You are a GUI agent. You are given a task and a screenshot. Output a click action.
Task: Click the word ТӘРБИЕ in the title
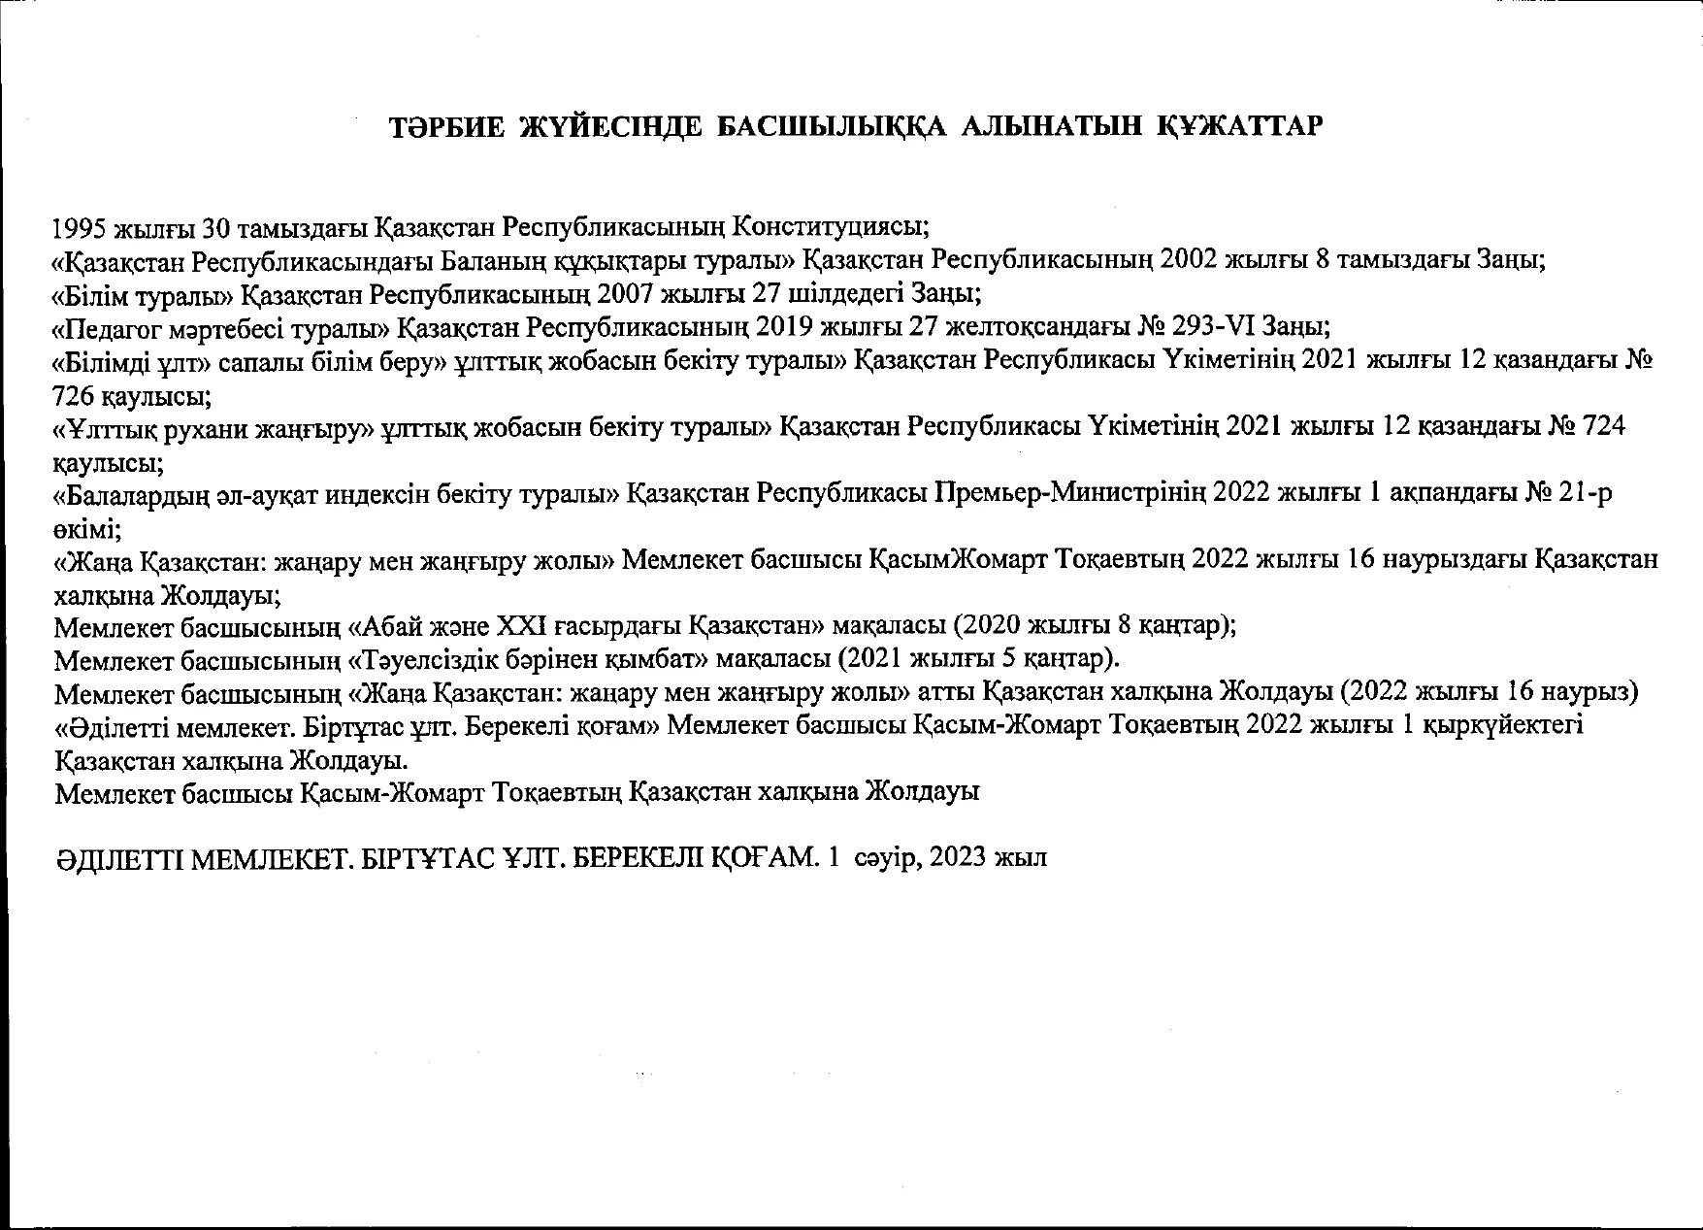pos(446,127)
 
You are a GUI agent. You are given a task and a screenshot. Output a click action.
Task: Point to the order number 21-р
pos(1586,494)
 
